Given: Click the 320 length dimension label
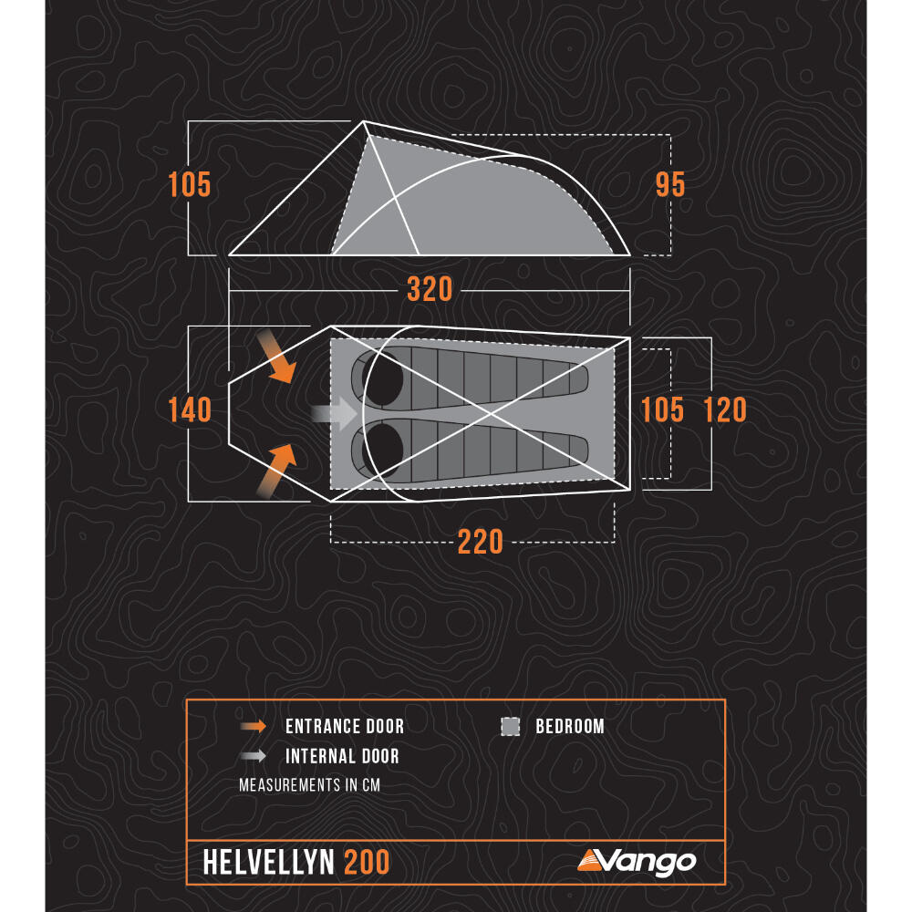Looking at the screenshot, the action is tap(430, 289).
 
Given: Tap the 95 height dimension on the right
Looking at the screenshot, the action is tap(670, 185).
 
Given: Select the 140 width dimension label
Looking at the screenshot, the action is tap(190, 409).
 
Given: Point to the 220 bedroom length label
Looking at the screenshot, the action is tap(480, 542).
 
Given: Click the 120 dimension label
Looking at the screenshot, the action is tap(725, 409).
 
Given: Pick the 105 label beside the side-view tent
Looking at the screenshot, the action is tap(190, 185).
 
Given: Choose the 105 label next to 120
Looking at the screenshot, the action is tap(662, 409).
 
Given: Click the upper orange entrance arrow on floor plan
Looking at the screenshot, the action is tap(277, 357).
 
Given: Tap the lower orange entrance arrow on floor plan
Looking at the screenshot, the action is tap(277, 471).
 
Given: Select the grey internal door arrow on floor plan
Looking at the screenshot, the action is tap(335, 413).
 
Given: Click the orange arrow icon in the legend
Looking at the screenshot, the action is tap(253, 726).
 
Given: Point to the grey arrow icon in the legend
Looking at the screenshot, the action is tap(253, 755).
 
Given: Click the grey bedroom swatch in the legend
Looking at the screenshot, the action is tap(510, 726).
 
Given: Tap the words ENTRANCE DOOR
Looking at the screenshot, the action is tap(345, 726).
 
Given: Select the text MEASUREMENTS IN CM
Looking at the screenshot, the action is tap(309, 784).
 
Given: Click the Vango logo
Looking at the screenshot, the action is tap(637, 862).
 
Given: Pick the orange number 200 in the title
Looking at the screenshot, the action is tap(367, 862).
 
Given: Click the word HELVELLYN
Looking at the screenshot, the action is tap(268, 862).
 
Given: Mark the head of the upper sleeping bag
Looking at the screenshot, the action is tap(382, 378).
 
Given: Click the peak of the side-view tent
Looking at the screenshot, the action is tap(364, 121).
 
